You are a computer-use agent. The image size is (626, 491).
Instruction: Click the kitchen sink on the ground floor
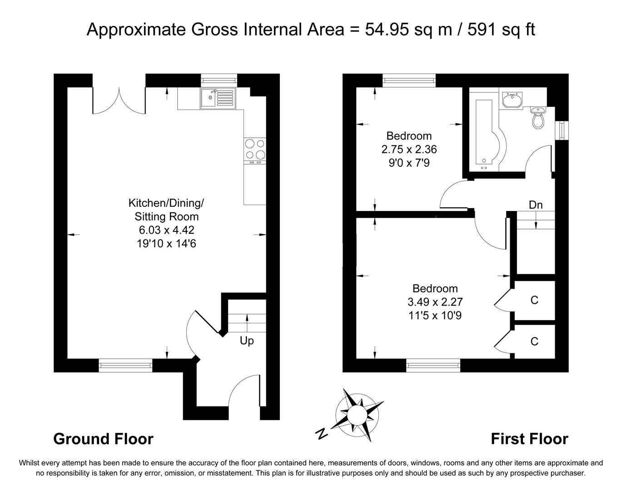coord(218,98)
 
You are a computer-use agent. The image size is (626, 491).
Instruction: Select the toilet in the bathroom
coord(539,118)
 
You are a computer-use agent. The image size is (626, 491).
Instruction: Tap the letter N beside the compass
coord(322,434)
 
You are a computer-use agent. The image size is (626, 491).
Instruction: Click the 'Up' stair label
coord(247,341)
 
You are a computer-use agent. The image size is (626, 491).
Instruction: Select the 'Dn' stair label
coord(536,205)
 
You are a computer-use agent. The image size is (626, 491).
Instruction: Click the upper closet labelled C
coord(534,300)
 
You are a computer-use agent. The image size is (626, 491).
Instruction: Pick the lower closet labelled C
coord(534,341)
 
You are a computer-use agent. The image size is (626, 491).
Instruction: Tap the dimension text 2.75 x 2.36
coord(409,149)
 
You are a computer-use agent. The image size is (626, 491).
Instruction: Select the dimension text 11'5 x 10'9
coord(435,315)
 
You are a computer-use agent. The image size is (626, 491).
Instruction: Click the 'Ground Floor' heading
coord(103,439)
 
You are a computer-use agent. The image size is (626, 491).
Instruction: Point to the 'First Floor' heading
coord(529,439)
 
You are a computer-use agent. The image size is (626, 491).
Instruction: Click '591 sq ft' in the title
coord(501,30)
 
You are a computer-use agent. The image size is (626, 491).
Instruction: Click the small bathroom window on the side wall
coord(562,130)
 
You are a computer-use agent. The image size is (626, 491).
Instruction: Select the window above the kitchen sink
coord(219,80)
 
